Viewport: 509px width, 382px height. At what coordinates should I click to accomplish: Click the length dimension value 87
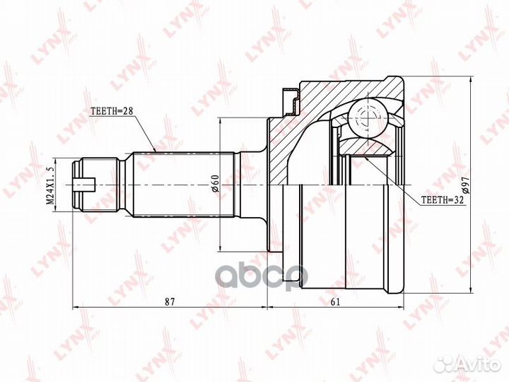170,301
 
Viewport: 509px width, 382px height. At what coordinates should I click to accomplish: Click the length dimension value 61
335,301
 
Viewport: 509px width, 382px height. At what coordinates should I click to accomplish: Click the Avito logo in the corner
467,364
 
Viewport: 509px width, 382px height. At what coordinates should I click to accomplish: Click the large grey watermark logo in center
262,274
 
